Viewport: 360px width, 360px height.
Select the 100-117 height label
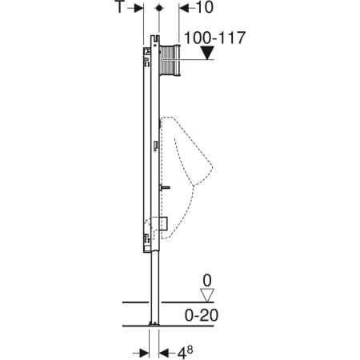point(214,37)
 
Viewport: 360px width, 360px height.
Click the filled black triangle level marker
point(208,54)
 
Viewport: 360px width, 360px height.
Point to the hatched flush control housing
point(170,62)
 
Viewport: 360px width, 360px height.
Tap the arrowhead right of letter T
point(138,8)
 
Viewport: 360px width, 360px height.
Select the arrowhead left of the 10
point(181,8)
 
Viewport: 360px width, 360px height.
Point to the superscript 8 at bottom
point(190,346)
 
